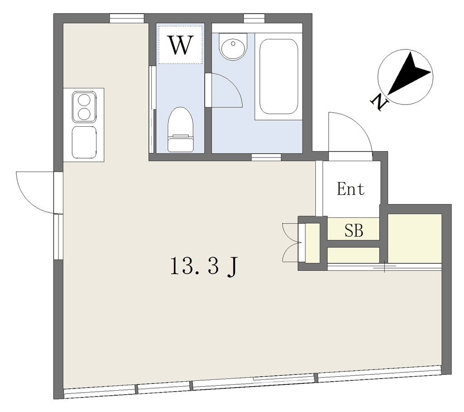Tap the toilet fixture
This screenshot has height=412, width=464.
[x=180, y=129]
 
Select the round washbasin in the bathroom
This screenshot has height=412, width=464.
[x=233, y=46]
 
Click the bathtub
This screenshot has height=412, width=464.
[x=279, y=77]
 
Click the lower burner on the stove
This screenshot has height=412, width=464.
[x=84, y=114]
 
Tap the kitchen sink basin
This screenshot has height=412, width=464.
[x=84, y=143]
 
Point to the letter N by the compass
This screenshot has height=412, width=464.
[x=379, y=102]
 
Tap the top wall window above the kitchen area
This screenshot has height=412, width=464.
[x=127, y=18]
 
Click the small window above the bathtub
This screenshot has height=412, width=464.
[x=254, y=18]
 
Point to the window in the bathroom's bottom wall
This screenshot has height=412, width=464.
[x=266, y=158]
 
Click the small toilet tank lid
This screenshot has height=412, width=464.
[x=180, y=136]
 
